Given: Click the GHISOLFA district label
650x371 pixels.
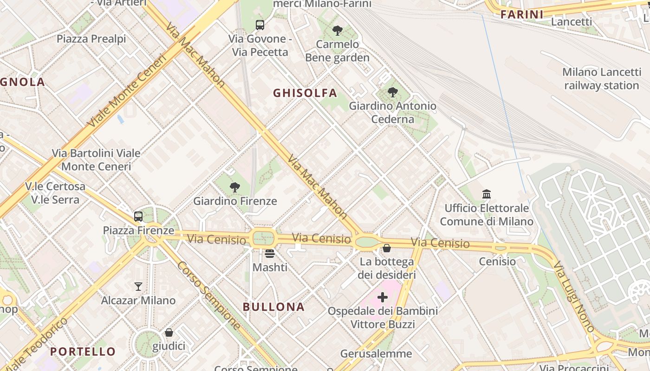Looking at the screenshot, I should coord(305,93).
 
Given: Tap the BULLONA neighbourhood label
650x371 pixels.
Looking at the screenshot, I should coord(274,307).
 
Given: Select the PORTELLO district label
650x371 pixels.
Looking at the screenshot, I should coord(83,352).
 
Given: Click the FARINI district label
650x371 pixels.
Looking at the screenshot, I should coord(522,15).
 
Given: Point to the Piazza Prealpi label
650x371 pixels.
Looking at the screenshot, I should coord(91,39).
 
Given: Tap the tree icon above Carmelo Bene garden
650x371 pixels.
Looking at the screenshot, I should coord(338,31).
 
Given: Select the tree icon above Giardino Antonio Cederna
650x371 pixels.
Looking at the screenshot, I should coord(393,92).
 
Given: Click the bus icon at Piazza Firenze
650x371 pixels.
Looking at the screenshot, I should coord(138,216).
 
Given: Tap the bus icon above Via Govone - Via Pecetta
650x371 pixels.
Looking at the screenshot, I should coord(260,25).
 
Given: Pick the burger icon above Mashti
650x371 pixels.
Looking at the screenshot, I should coord(270,254).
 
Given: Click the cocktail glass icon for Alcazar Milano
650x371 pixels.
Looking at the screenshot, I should coord(138,287).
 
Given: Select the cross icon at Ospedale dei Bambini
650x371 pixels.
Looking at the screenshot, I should coord(383,297).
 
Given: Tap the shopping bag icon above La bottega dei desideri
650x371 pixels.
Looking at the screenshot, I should coord(386,248).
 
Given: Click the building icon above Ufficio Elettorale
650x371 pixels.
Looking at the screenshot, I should coord(487,194).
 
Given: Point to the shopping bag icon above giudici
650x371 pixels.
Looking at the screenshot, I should coord(169,333).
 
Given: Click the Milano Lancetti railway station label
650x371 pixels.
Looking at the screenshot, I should coord(602,79).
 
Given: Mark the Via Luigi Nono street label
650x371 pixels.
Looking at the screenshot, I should coord(573,297).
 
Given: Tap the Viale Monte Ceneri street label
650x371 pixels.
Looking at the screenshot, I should coord(126,91).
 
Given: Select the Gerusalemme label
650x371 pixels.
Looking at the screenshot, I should coord(376,354).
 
